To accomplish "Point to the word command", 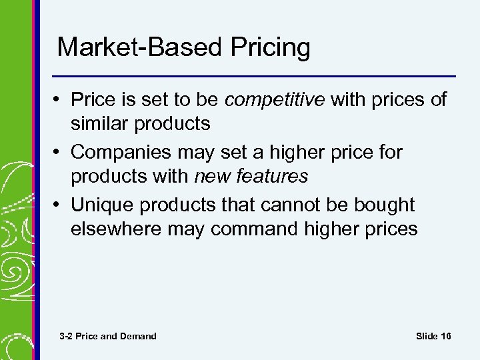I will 264,229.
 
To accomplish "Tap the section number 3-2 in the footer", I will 66,336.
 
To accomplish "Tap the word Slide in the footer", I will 427,336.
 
